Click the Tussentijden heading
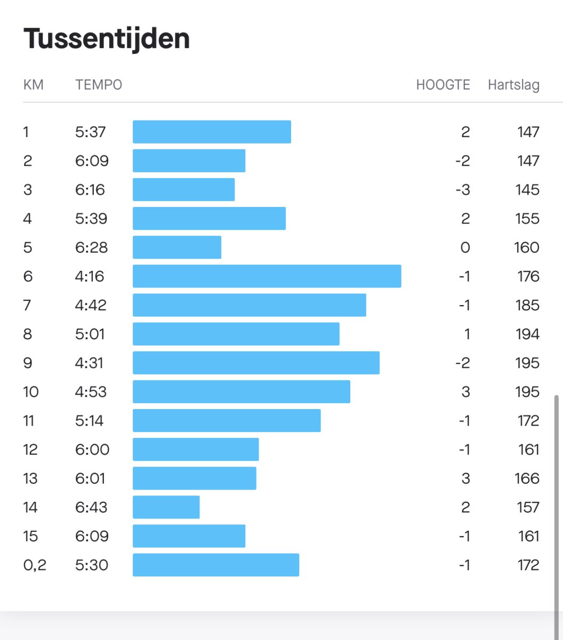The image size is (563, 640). (x=107, y=39)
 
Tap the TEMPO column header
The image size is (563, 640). (x=99, y=85)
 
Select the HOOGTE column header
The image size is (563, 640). (x=443, y=85)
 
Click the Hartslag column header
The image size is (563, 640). (x=513, y=85)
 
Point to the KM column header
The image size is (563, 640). (x=34, y=85)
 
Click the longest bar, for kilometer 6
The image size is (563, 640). (x=267, y=276)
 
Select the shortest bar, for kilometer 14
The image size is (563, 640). (x=166, y=507)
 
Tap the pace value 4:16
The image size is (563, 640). (x=90, y=276)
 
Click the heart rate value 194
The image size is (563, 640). (x=527, y=334)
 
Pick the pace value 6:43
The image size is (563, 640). (x=91, y=507)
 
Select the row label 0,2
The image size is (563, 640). (x=35, y=565)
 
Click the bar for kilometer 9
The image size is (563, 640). (x=256, y=363)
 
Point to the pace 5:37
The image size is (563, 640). (x=90, y=132)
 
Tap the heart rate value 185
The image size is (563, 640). (x=527, y=305)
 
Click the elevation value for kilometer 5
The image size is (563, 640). (x=465, y=247)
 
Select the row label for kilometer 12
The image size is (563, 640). (x=30, y=450)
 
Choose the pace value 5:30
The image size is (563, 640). (x=92, y=565)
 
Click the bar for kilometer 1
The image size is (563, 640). (x=212, y=132)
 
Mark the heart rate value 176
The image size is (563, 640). (x=527, y=276)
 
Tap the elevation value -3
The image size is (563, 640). (x=463, y=190)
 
